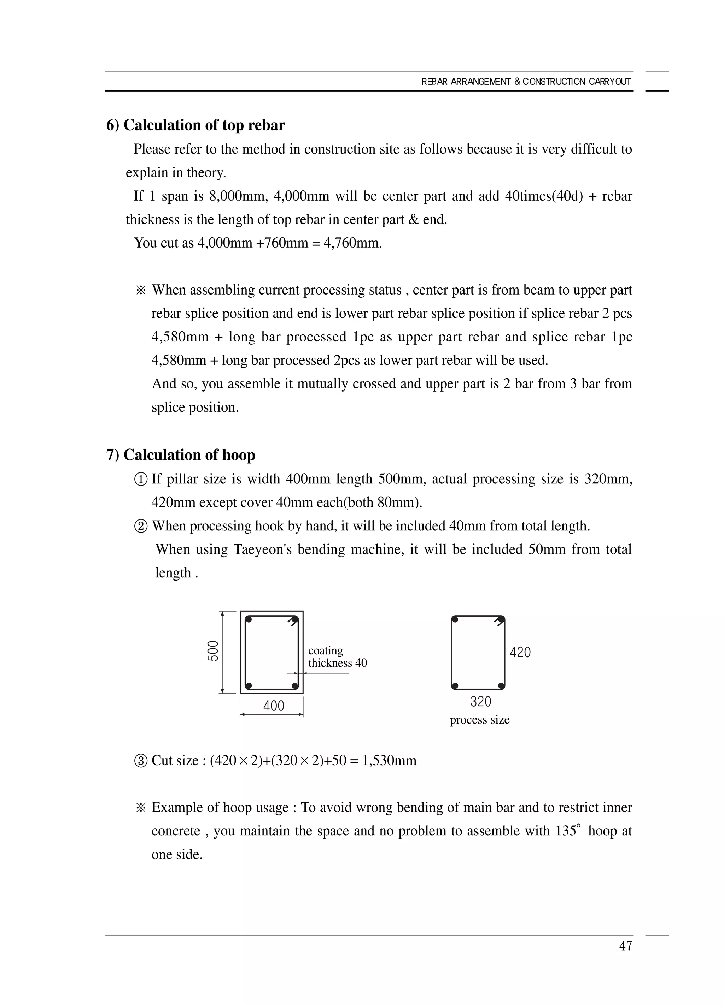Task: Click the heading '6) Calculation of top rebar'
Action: click(195, 125)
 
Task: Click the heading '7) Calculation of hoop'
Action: click(181, 455)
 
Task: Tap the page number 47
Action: click(625, 946)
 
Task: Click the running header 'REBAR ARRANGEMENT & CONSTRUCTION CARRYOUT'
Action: click(526, 82)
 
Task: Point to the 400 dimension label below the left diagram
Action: click(273, 706)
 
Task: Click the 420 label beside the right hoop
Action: click(520, 652)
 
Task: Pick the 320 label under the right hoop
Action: click(480, 701)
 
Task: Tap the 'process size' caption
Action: click(480, 720)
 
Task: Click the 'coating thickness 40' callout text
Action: click(337, 657)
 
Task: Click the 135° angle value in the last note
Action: click(567, 831)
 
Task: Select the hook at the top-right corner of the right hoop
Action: click(500, 621)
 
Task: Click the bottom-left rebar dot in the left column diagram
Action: click(249, 685)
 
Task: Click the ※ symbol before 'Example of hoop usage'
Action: click(141, 808)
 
